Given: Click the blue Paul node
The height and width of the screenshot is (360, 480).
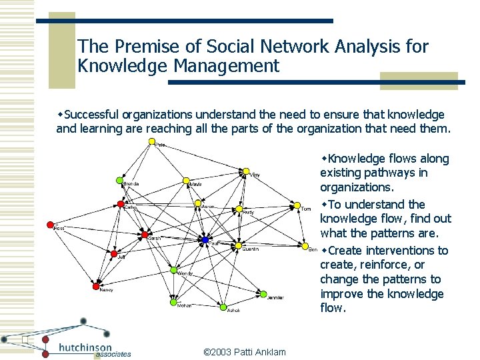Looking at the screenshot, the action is click(205, 240).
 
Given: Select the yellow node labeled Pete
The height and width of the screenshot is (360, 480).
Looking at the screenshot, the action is click(152, 141).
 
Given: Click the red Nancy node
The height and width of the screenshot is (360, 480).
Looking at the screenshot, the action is click(95, 286).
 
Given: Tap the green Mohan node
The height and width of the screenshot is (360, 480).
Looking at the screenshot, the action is click(175, 301).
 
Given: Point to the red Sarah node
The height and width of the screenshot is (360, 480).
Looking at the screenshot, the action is click(145, 234).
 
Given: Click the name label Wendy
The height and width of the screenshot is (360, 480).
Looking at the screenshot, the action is click(185, 274).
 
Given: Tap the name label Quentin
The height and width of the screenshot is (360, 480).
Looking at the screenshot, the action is click(251, 249).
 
